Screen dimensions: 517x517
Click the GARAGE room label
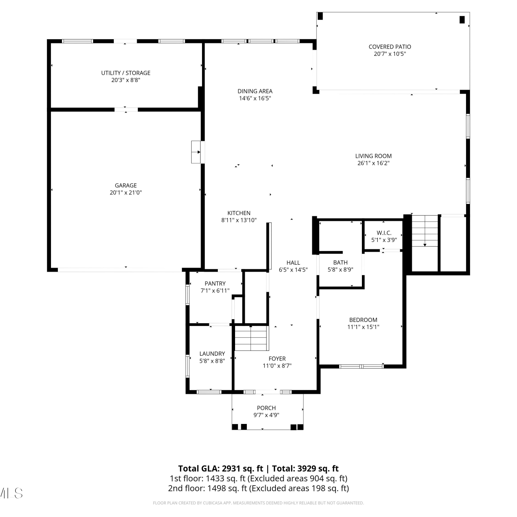[126, 185]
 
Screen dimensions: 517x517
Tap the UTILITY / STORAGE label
[126, 73]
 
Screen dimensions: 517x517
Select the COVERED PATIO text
[390, 47]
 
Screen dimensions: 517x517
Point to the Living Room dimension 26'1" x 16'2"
[373, 163]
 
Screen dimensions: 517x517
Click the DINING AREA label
[255, 91]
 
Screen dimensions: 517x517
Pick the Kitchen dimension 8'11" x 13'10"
[239, 220]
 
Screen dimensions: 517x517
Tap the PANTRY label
[215, 283]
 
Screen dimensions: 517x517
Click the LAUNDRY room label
[212, 354]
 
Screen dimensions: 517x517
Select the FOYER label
[277, 358]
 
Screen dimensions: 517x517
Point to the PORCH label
[266, 408]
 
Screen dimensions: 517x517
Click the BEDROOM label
[363, 320]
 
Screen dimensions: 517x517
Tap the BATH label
[341, 263]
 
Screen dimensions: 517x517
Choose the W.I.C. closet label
[384, 233]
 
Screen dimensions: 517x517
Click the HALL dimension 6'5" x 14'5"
[293, 270]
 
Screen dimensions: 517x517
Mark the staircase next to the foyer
[251, 338]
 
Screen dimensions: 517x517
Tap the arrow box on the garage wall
[196, 152]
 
